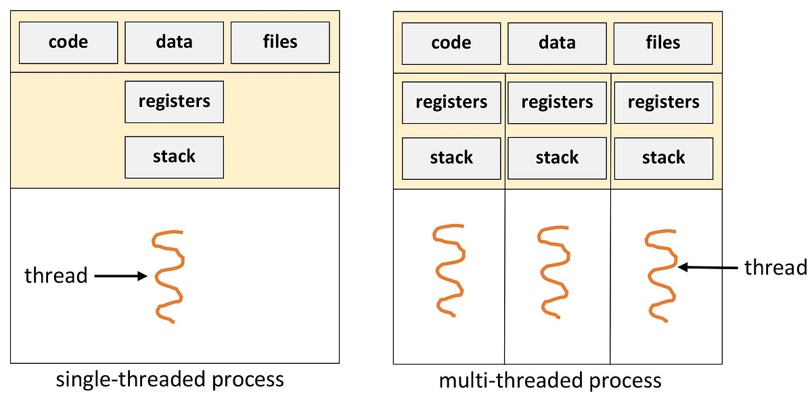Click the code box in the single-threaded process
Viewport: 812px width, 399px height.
(x=68, y=42)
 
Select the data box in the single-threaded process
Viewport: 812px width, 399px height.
(x=174, y=42)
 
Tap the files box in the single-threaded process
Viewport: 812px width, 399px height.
(x=279, y=42)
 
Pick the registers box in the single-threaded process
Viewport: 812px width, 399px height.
(x=174, y=101)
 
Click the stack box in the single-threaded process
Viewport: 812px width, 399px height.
(x=174, y=157)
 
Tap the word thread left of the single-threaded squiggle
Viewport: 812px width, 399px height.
(x=55, y=276)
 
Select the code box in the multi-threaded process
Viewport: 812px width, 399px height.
(x=451, y=43)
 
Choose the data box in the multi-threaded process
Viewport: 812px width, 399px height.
(x=557, y=43)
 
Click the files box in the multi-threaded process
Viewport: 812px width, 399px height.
(x=662, y=43)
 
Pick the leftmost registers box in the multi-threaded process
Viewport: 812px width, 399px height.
(x=451, y=102)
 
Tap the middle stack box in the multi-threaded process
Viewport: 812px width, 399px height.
(x=557, y=158)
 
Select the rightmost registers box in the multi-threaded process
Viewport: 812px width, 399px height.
(x=663, y=102)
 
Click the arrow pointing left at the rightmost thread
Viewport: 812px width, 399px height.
(x=707, y=268)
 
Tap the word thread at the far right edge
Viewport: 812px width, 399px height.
(x=775, y=268)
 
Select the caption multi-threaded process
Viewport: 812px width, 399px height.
(x=549, y=381)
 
